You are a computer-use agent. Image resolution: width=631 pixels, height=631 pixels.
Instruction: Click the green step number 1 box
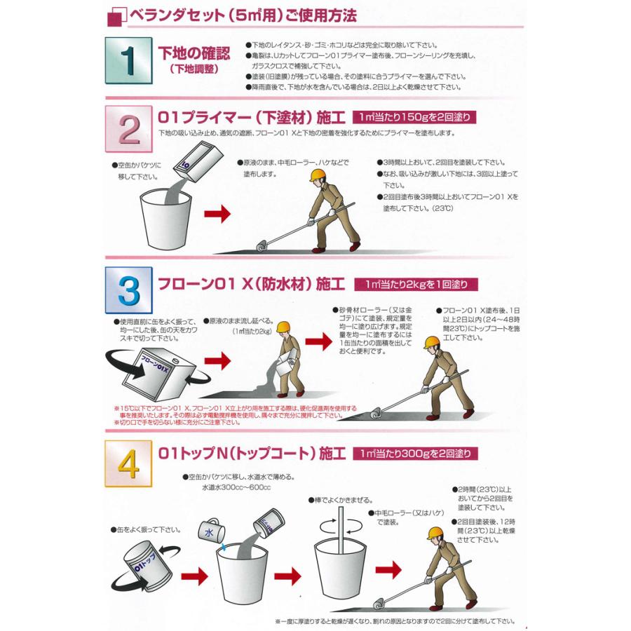129,60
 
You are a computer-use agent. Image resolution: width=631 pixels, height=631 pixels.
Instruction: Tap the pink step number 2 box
129,129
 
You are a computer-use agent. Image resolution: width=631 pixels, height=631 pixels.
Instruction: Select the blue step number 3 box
129,290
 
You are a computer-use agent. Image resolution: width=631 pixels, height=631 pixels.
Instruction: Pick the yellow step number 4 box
128,463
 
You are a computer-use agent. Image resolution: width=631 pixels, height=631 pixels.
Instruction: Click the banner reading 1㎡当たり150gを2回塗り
414,117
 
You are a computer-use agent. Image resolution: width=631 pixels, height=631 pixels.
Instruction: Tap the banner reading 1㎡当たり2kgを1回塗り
416,284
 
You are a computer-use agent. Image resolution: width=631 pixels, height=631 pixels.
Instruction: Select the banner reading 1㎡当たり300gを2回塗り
415,453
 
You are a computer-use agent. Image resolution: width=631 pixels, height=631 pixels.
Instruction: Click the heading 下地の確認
194,53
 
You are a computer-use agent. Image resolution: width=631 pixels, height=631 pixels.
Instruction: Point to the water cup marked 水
210,531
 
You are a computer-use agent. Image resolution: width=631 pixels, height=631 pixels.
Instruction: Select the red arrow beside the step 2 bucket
217,213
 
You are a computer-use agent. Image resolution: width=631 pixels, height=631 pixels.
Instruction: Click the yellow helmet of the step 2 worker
319,175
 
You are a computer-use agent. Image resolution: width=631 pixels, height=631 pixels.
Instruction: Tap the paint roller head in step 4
379,604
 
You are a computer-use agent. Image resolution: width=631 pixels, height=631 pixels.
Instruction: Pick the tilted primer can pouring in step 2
198,162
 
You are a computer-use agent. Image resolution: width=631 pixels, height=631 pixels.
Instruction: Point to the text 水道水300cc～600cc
236,487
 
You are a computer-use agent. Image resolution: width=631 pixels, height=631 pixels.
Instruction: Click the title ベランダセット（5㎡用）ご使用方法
243,15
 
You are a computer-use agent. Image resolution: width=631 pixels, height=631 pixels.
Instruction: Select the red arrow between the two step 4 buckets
287,576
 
